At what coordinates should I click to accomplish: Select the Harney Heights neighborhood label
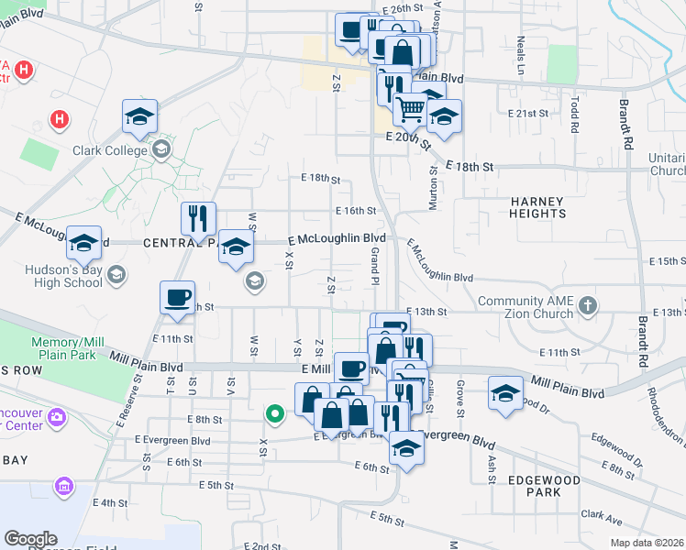pos(538,206)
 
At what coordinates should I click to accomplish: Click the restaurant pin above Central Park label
pos(198,218)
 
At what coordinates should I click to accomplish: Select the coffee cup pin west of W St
pos(177,297)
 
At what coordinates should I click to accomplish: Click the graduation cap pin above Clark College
pos(140,115)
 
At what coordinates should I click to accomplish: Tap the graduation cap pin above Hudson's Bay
pos(83,242)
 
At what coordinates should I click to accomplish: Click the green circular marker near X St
pos(273,414)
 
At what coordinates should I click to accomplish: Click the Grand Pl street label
pos(375,269)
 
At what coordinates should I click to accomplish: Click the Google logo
pos(31,539)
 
